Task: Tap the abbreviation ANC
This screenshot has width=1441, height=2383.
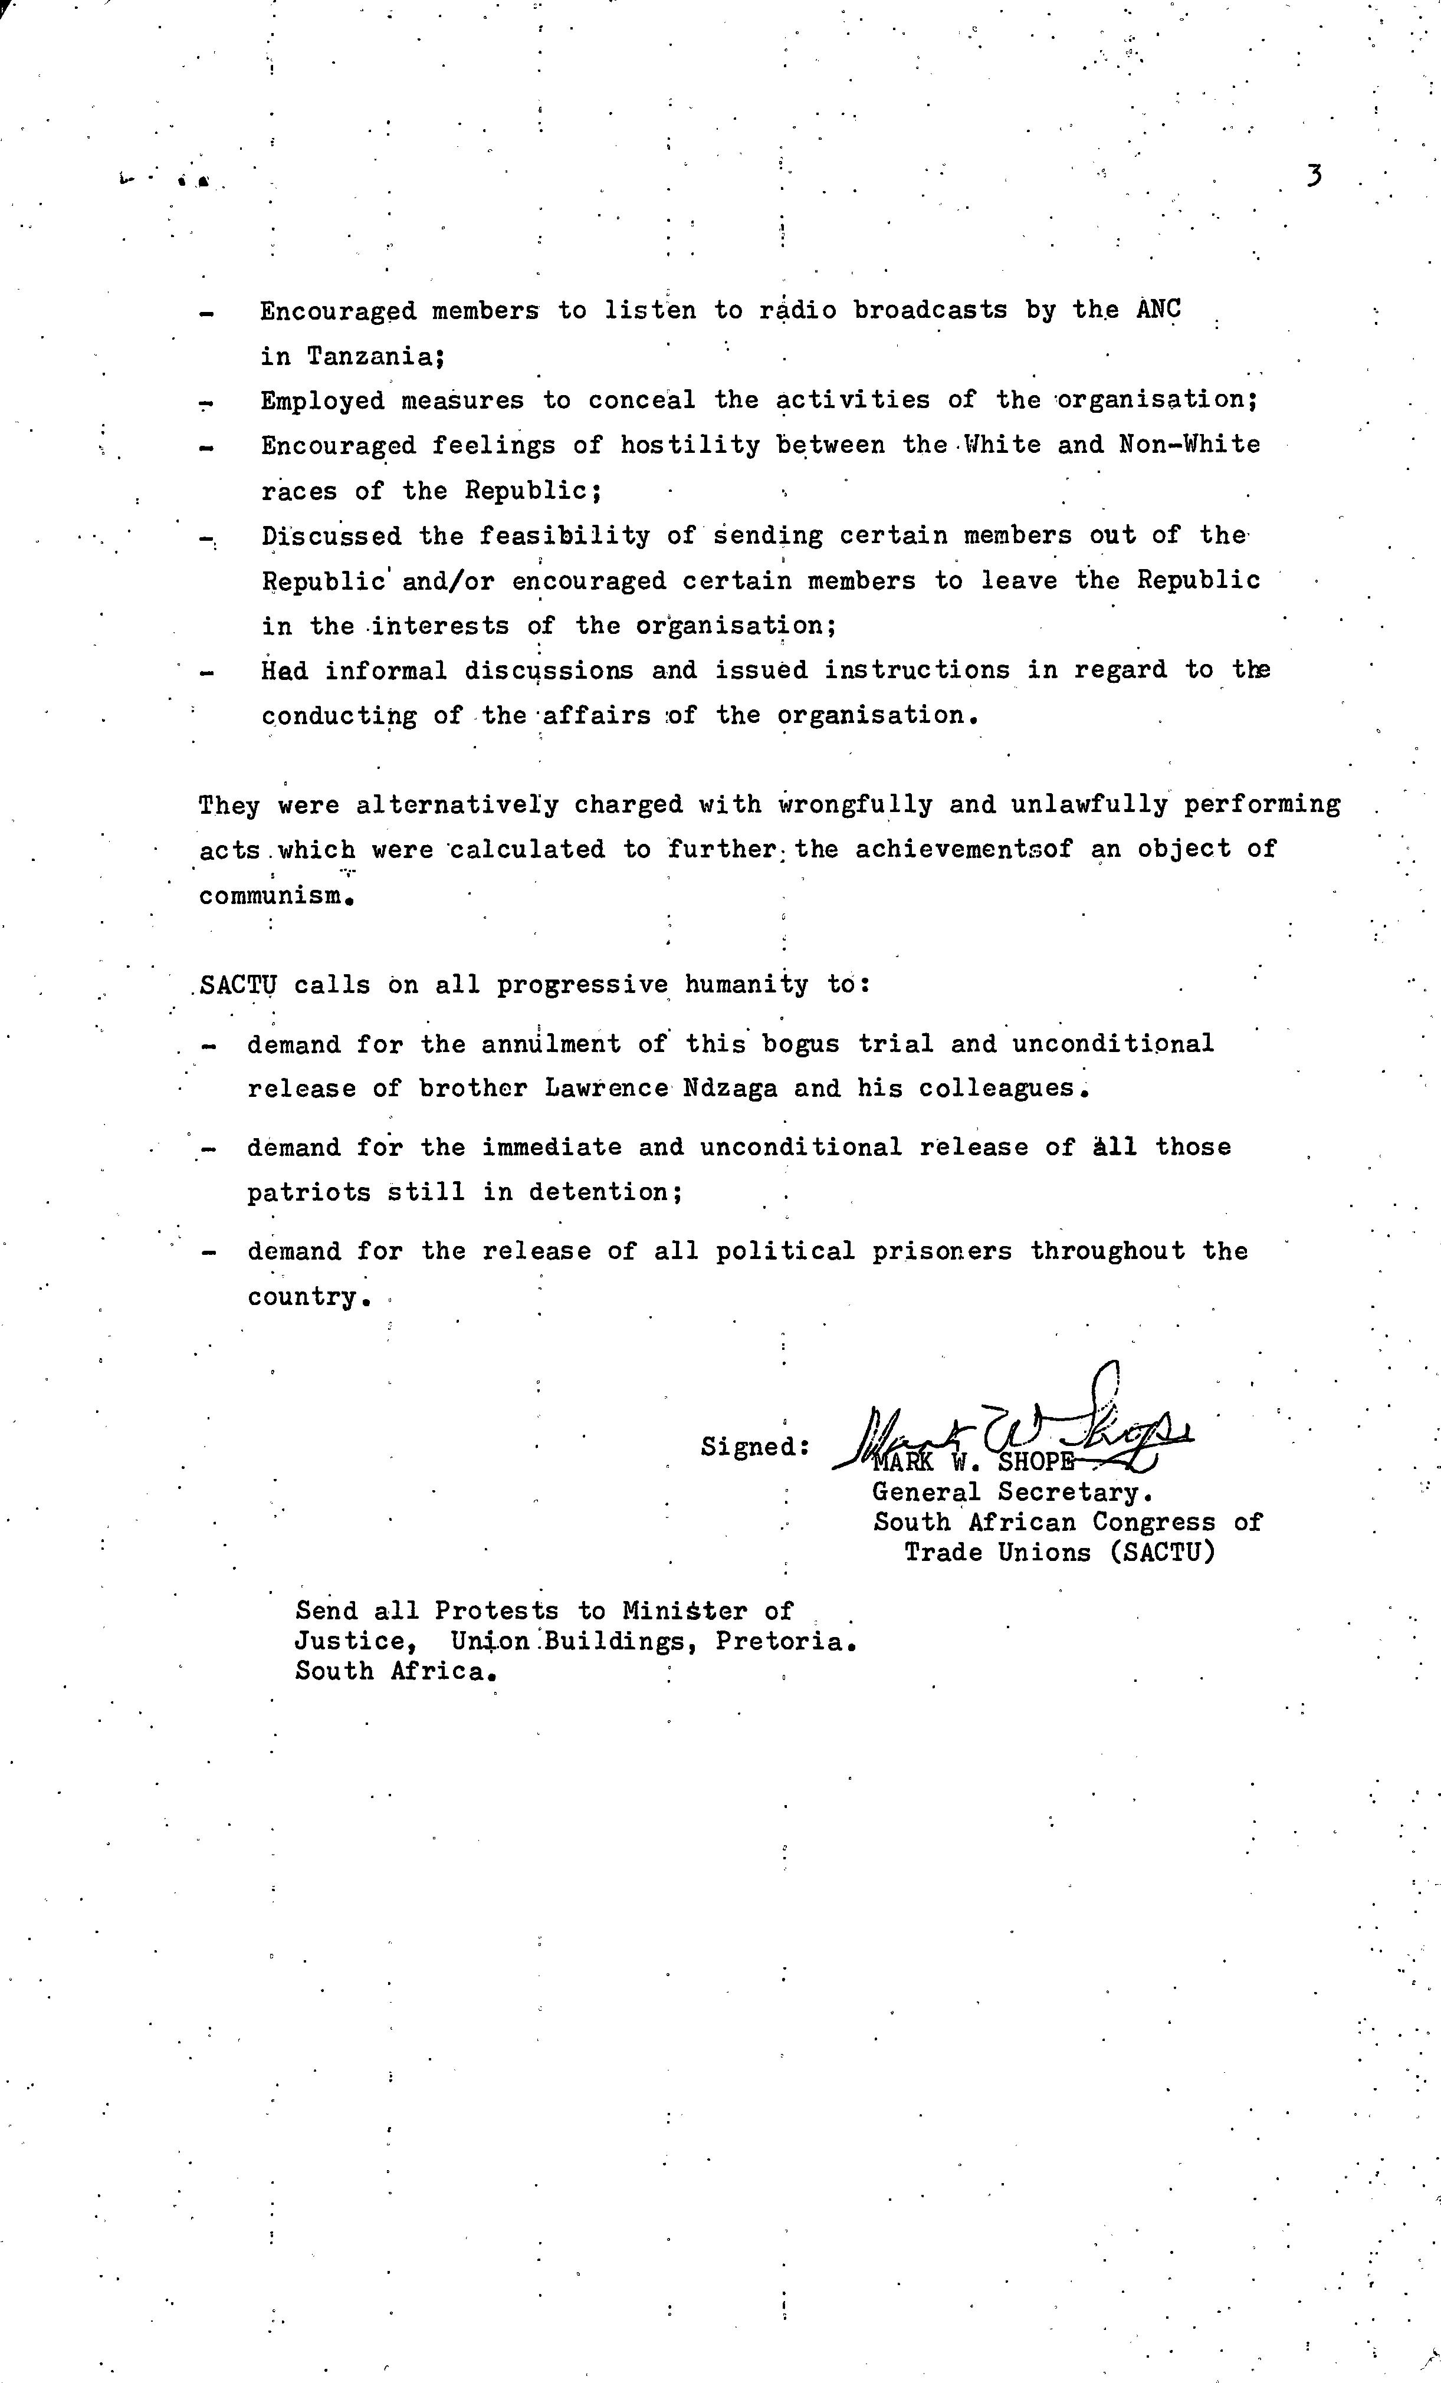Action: pyautogui.click(x=1158, y=310)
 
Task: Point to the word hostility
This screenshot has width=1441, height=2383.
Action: pyautogui.click(x=690, y=445)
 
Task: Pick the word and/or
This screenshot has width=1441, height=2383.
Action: pyautogui.click(x=449, y=581)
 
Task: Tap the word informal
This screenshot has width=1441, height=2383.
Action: pyautogui.click(x=386, y=671)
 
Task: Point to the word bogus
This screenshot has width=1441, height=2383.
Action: pyautogui.click(x=802, y=1044)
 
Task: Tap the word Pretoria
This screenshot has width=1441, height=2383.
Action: pyautogui.click(x=785, y=1642)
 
